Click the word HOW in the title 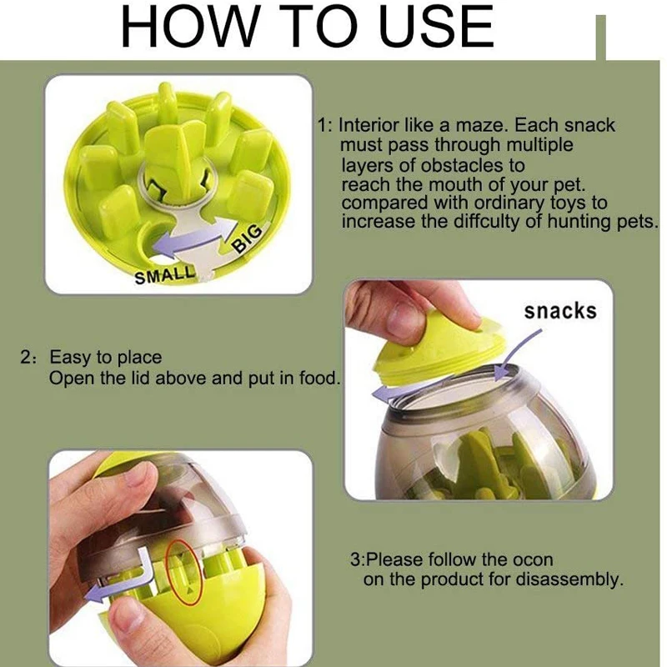pyautogui.click(x=189, y=27)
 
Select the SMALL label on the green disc pyautogui.click(x=164, y=275)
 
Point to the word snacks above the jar pyautogui.click(x=560, y=311)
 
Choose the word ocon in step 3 pyautogui.click(x=533, y=559)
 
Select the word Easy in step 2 pyautogui.click(x=68, y=358)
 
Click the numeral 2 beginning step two pyautogui.click(x=25, y=358)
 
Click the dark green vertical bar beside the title pyautogui.click(x=600, y=38)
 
